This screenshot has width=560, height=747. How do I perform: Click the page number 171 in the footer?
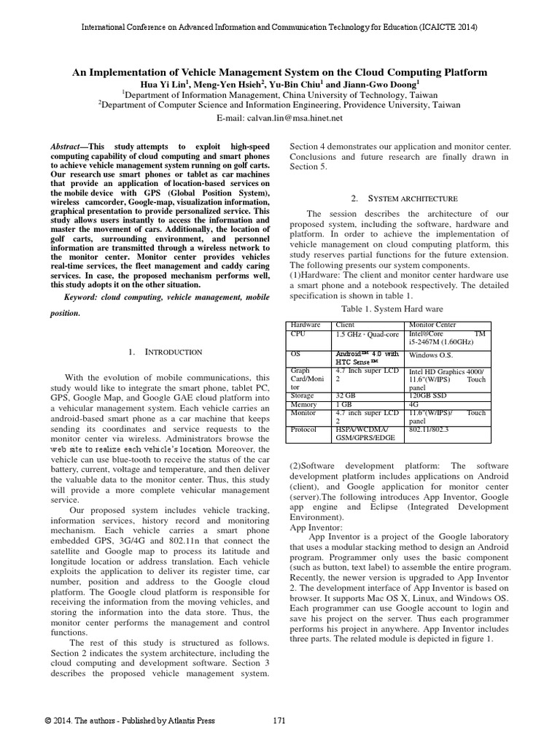[279, 721]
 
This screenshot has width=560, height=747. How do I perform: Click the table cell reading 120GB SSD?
[429, 395]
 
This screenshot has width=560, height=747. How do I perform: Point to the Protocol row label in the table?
[303, 430]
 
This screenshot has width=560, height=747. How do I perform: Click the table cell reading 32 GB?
[344, 395]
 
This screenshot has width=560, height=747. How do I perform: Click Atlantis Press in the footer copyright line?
[191, 721]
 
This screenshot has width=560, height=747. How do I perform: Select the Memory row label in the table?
[303, 404]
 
